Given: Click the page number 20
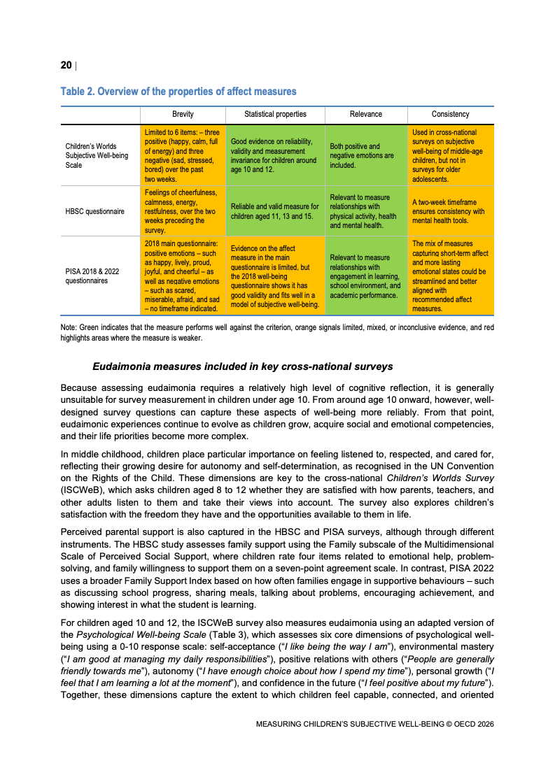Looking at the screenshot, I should coord(66,65).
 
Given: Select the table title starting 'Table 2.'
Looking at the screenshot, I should coord(178,92).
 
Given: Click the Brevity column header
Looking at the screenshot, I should coord(183,114).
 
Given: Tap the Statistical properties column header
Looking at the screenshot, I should coord(275,114).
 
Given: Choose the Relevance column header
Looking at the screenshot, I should coord(365,114).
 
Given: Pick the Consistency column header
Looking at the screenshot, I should coord(451,114).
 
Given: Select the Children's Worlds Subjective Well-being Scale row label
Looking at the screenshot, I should coord(97,156).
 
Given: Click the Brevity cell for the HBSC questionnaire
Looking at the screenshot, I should coord(183,211).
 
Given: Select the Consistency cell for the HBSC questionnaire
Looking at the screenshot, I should coord(451,211).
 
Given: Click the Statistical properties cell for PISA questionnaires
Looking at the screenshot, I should coord(275,276).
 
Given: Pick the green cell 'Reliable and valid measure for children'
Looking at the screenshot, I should coord(275,211).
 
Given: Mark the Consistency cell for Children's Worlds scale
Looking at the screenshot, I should coord(451,156).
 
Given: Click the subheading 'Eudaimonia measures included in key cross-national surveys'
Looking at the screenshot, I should coord(242,366).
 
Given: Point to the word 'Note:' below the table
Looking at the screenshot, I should coord(70,327).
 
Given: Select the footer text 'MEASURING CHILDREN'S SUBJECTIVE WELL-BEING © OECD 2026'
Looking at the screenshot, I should coord(375,725).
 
